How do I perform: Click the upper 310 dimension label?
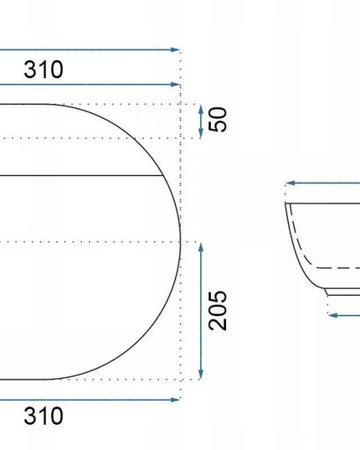44,70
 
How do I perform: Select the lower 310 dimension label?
44,416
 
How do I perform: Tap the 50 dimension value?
218,119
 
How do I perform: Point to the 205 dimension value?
218,311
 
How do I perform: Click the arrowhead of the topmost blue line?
176,49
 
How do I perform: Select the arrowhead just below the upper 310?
176,85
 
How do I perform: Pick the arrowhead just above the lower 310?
176,400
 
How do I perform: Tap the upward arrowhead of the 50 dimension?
201,109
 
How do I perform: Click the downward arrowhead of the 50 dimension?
201,133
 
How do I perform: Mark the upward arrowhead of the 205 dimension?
201,247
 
